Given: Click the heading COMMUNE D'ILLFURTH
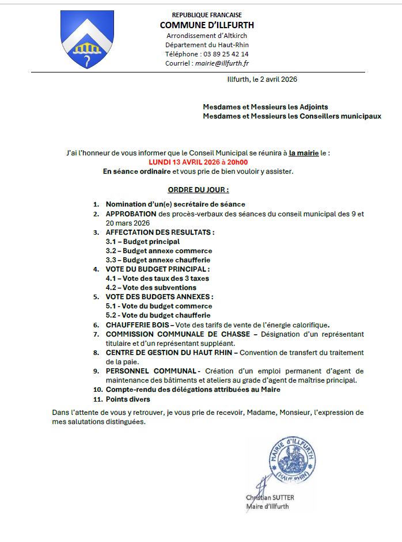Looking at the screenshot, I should point(207,25).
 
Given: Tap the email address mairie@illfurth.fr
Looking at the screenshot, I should point(222,63).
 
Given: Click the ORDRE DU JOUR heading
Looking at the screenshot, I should point(198,189).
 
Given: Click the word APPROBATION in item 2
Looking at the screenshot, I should point(131,214).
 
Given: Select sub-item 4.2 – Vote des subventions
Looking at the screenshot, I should point(151,288).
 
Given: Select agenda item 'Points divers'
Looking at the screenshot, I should point(127,399).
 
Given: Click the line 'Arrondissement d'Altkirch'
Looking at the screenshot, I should point(207,36).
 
